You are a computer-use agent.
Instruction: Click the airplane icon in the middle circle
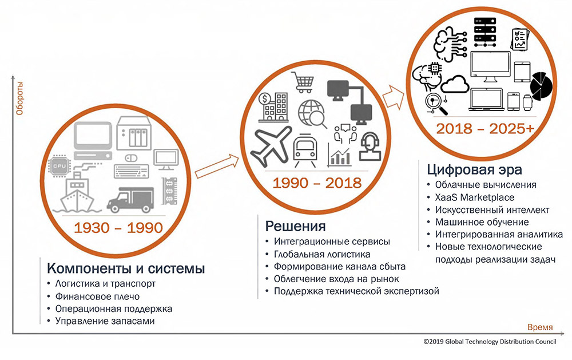click(x=272, y=145)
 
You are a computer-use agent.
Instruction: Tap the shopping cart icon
click(x=303, y=82)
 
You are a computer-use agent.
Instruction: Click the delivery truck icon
click(x=130, y=199)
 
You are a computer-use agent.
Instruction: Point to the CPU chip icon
click(x=60, y=166)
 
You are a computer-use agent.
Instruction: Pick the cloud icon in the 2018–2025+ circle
click(x=455, y=84)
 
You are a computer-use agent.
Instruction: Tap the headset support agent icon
click(x=370, y=147)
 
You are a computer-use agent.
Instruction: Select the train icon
click(x=305, y=150)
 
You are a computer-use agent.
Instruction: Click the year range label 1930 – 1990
click(x=118, y=228)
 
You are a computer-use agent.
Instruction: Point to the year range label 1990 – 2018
click(x=317, y=183)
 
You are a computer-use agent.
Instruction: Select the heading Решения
click(x=295, y=226)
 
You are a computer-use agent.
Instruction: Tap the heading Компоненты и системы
click(x=126, y=268)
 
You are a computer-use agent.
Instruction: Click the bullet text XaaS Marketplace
click(x=475, y=197)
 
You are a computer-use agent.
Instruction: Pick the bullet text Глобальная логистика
click(x=322, y=254)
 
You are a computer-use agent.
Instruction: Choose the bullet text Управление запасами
click(x=105, y=321)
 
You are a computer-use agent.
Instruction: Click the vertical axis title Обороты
click(x=19, y=98)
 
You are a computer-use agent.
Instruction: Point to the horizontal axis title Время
click(x=540, y=327)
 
